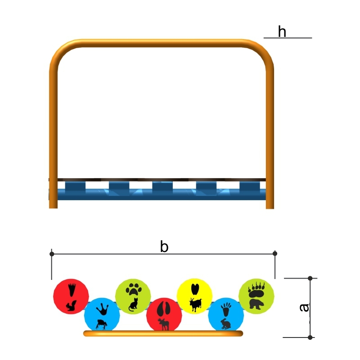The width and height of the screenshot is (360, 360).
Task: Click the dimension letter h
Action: click(x=282, y=32)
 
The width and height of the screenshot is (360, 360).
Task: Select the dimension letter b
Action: click(x=164, y=247)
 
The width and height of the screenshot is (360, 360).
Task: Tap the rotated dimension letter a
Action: click(x=304, y=308)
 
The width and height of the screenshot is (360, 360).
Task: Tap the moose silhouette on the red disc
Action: click(x=163, y=324)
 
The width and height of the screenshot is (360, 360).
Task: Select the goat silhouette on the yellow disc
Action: click(x=195, y=305)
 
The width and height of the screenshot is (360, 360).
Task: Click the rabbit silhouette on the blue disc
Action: click(x=225, y=324)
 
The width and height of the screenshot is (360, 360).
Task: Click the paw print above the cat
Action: click(x=133, y=289)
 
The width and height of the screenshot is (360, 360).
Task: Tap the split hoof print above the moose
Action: click(x=164, y=309)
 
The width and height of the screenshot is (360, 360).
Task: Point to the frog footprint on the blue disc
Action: click(x=103, y=309)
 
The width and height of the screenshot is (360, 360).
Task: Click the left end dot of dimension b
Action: click(x=52, y=254)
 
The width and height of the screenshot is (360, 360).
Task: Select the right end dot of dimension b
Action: click(x=275, y=253)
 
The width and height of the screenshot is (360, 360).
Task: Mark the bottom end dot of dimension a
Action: click(x=310, y=337)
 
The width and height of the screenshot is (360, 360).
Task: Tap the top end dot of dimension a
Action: click(x=310, y=278)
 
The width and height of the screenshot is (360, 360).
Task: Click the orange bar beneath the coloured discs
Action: click(x=163, y=333)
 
